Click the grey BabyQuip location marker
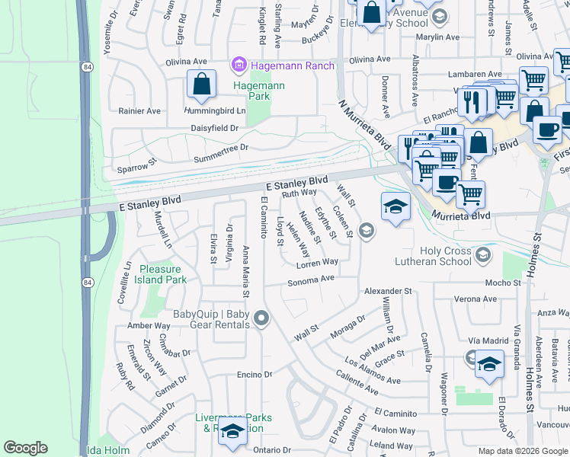[x=261, y=318]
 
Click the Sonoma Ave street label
[x=311, y=280]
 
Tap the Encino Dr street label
[x=255, y=375]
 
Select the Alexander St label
[x=387, y=291]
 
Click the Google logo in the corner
[x=25, y=448]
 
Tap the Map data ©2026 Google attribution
[x=523, y=451]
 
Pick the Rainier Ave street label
[x=139, y=110]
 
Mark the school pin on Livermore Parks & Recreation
[x=232, y=430]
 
